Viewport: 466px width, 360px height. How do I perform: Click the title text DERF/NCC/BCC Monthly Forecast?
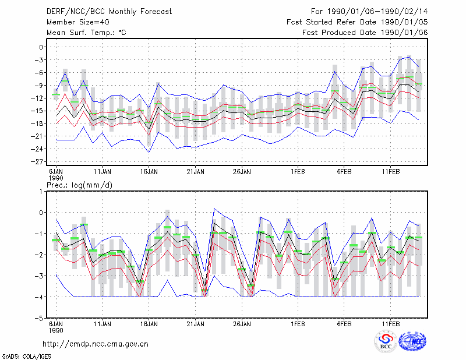click(109, 12)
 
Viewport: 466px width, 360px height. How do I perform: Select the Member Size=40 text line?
click(78, 22)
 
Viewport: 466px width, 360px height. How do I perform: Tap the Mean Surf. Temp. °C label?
click(86, 33)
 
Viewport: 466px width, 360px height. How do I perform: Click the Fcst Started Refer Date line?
click(357, 22)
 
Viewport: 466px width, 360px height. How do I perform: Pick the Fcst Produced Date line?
click(365, 33)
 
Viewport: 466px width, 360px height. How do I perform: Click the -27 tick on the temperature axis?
click(37, 162)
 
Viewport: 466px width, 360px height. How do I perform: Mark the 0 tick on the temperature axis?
click(41, 47)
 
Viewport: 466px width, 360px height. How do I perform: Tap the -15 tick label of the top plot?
click(37, 111)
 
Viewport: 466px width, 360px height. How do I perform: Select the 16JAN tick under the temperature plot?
click(149, 172)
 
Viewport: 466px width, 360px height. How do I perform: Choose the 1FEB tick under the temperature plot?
click(298, 172)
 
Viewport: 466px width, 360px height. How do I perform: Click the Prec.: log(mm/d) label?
click(80, 185)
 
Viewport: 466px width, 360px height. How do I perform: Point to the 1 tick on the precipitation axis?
click(41, 192)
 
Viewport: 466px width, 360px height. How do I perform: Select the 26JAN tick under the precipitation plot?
click(242, 324)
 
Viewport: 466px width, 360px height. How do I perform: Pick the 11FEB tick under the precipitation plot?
click(390, 324)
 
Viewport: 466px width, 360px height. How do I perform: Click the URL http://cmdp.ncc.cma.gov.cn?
click(96, 344)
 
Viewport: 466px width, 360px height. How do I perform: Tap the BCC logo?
click(386, 342)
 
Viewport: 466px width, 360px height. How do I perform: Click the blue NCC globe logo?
click(412, 341)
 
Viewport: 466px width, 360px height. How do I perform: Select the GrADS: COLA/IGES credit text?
click(26, 357)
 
